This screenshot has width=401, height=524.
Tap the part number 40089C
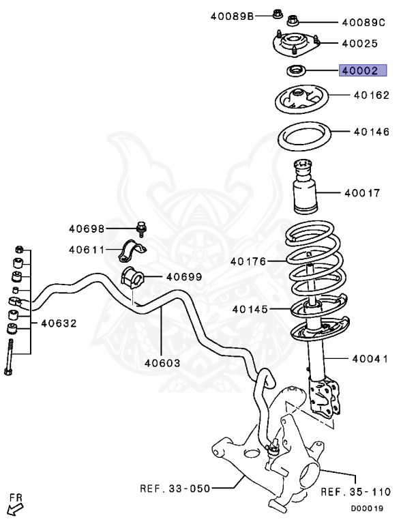364,22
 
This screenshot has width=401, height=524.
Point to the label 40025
359,43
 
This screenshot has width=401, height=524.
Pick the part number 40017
362,193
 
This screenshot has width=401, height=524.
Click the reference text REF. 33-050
175,489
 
